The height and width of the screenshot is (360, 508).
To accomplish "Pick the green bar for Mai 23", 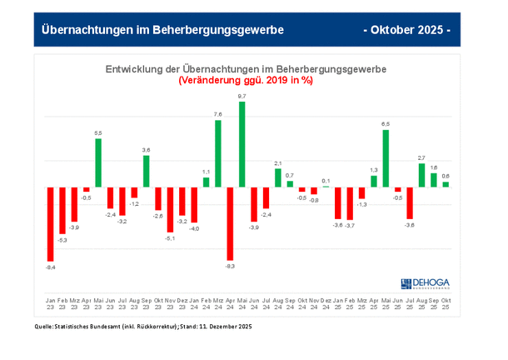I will coord(98,162).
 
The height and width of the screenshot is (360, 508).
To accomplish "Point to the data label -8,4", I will coord(50,267).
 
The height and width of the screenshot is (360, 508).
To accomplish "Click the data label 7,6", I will coord(218,114).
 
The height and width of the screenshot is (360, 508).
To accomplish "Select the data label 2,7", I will coord(421,157).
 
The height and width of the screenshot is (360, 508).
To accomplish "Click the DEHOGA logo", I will coord(428,283).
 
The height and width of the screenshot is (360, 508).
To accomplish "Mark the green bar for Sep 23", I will coord(146,172).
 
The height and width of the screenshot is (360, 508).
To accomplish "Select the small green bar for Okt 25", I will coord(446,184).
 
